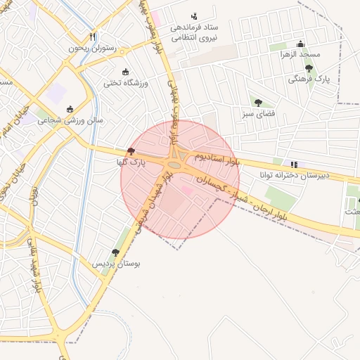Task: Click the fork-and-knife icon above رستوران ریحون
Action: click(93, 37)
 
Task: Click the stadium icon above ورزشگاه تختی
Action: click(127, 72)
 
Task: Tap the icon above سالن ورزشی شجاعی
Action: click(70, 109)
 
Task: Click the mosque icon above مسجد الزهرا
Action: click(301, 43)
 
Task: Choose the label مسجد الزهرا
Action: click(300, 54)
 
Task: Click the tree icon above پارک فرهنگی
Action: click(309, 68)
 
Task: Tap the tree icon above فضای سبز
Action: click(258, 103)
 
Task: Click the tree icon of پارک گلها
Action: click(131, 152)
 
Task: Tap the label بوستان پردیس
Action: click(117, 264)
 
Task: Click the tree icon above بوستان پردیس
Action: click(116, 252)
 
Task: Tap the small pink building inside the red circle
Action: click(187, 190)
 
